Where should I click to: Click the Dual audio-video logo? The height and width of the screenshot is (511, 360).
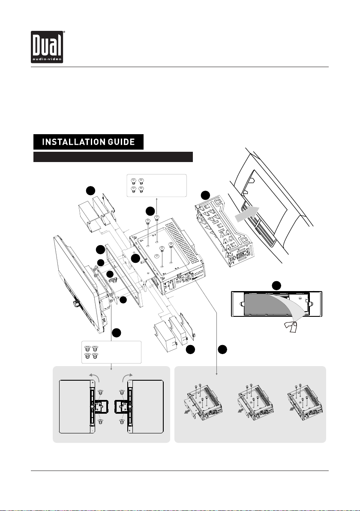click(x=47, y=47)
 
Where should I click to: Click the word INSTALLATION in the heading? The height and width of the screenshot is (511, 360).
click(x=70, y=142)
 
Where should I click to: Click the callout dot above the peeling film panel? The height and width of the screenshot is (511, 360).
click(x=276, y=286)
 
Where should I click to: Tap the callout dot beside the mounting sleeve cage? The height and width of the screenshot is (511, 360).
click(x=205, y=195)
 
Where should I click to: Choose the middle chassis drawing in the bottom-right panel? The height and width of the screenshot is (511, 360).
click(x=255, y=402)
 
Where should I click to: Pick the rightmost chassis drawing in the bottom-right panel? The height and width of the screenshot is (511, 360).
click(x=305, y=402)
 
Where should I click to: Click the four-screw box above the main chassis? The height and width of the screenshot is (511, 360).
click(x=157, y=186)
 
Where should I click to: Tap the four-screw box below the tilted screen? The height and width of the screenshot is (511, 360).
click(x=111, y=352)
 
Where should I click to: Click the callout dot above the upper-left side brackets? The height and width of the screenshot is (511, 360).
click(x=90, y=191)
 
